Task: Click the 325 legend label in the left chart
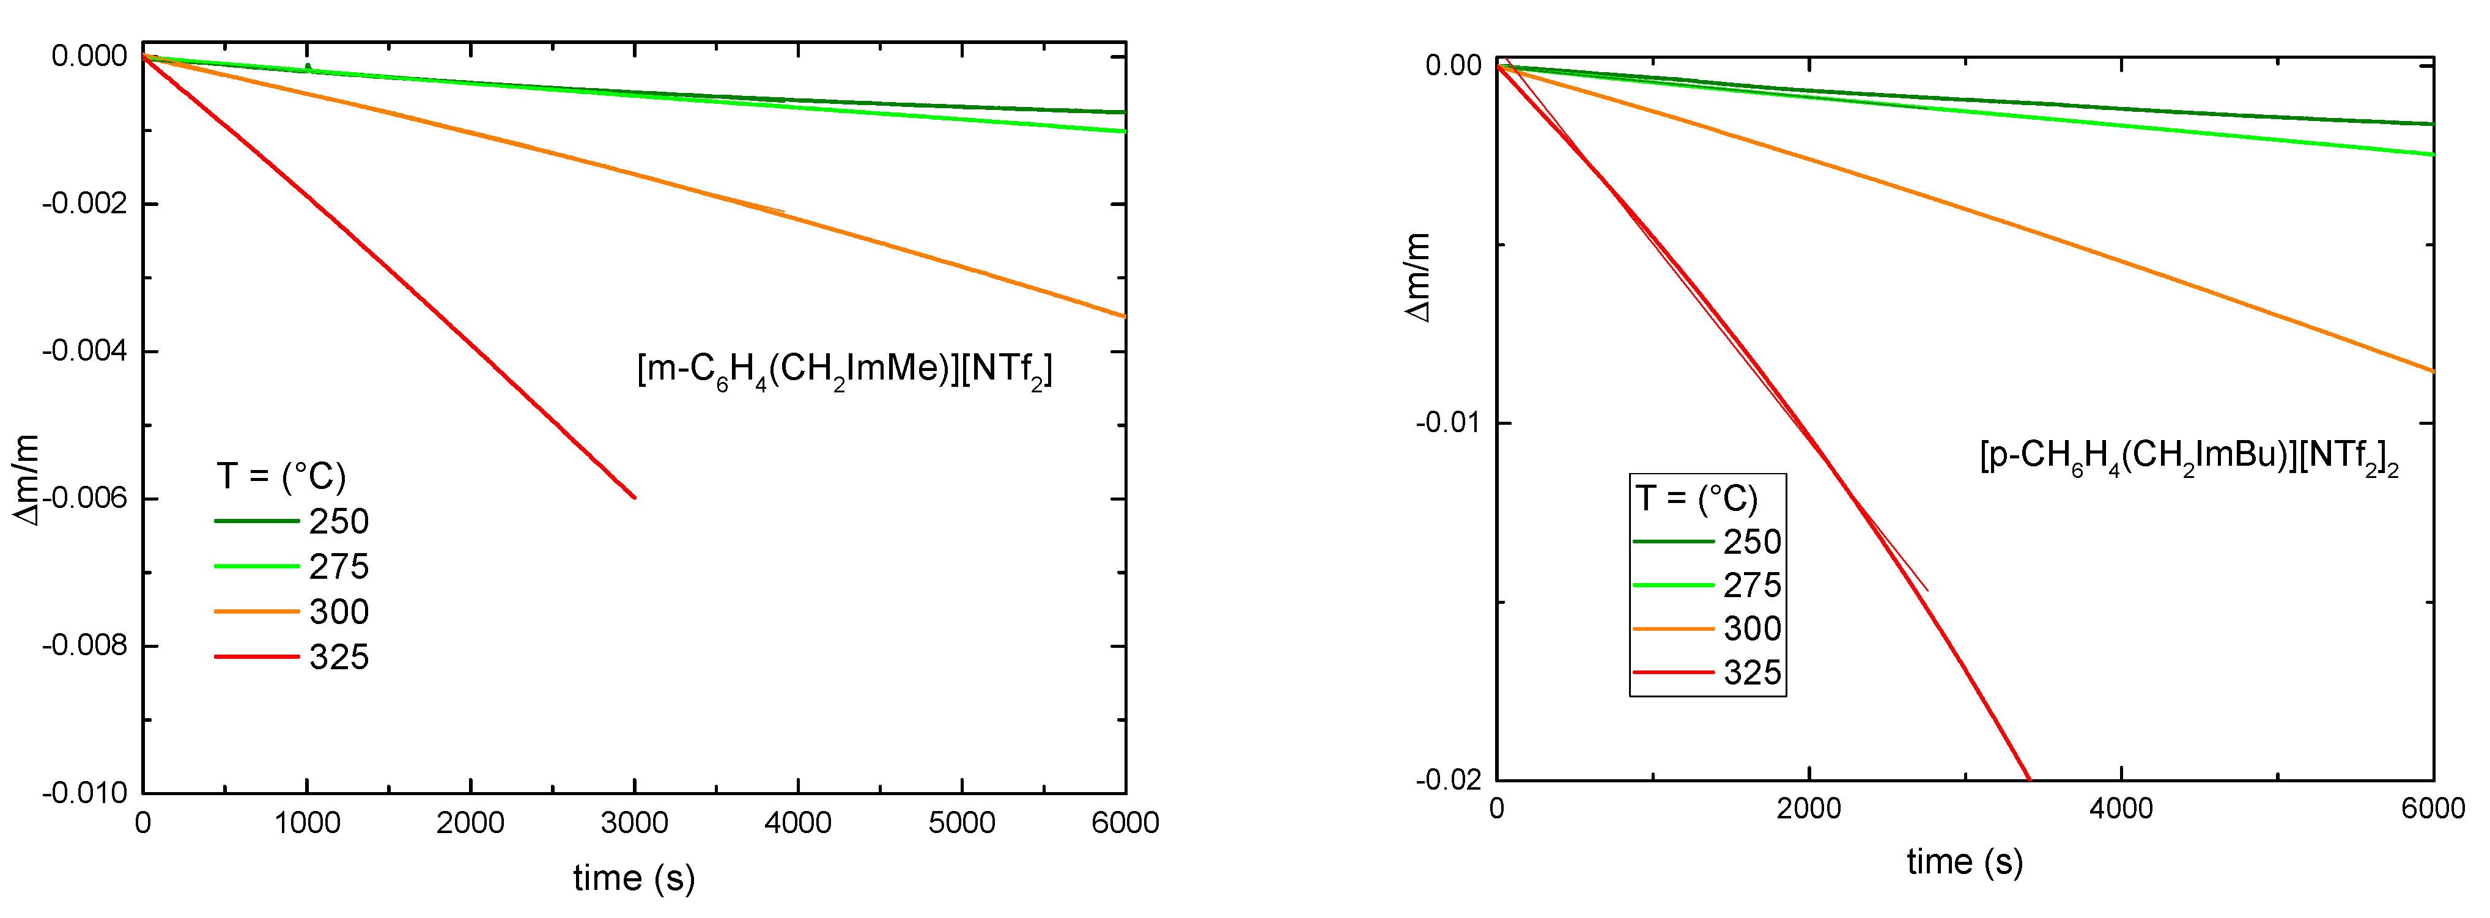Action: click(338, 657)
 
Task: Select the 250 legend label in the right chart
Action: click(1751, 542)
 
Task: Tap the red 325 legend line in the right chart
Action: click(1673, 672)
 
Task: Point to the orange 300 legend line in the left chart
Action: click(256, 612)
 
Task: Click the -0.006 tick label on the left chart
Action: click(85, 499)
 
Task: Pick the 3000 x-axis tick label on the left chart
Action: click(634, 823)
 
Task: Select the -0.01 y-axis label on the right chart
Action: click(1448, 424)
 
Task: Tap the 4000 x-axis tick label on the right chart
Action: click(2120, 809)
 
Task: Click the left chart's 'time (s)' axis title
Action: click(634, 878)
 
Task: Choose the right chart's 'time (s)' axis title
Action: click(1964, 861)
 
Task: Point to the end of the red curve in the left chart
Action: click(634, 498)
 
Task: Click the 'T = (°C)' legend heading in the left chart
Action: click(280, 476)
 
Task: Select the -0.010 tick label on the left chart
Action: click(85, 793)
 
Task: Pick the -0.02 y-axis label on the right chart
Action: click(1448, 780)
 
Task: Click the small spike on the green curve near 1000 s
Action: click(308, 67)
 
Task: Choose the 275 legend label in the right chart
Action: click(1751, 586)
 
